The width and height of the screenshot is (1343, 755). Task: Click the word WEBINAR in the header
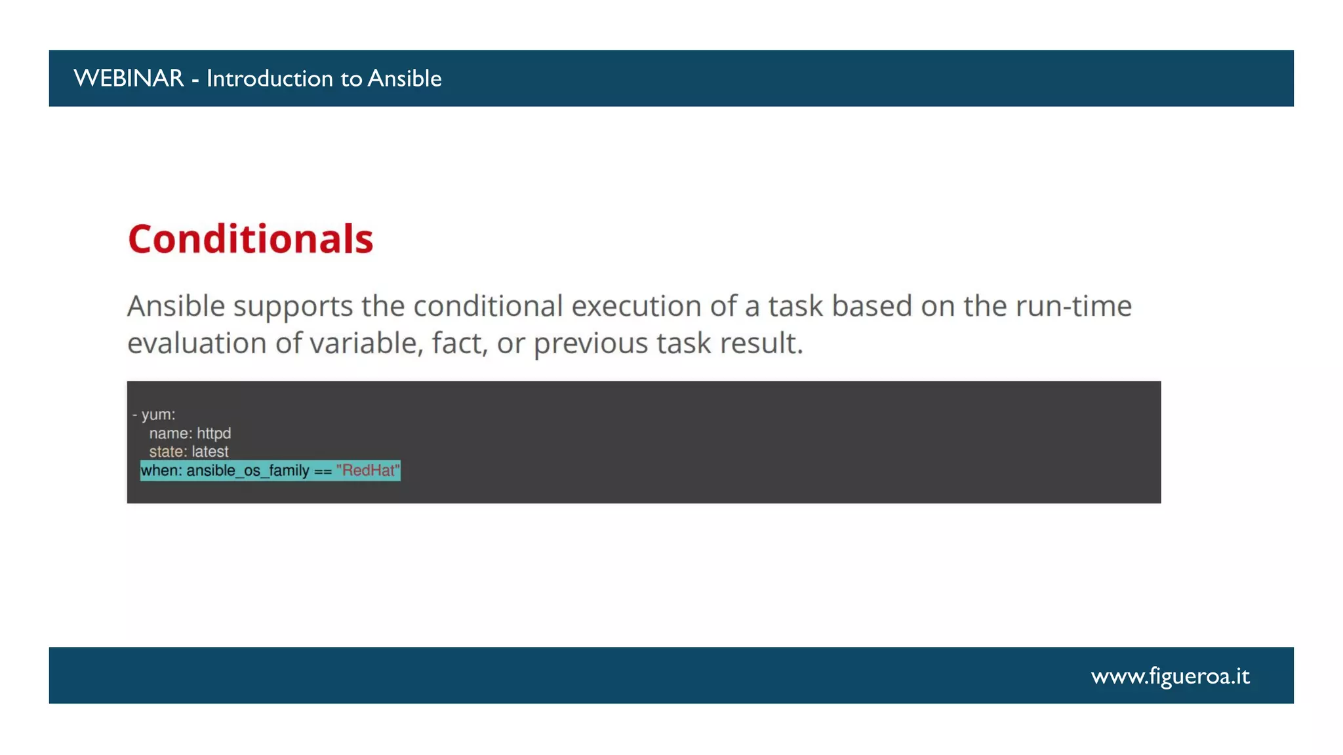coord(129,79)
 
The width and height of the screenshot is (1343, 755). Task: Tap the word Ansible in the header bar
coord(405,79)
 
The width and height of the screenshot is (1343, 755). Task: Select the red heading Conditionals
coord(251,239)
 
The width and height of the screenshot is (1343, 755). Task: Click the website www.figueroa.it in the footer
coord(1170,676)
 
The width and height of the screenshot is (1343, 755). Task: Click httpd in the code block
coord(214,433)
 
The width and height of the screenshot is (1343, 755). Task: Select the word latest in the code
coord(210,452)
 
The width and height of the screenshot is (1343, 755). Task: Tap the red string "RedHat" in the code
coord(368,471)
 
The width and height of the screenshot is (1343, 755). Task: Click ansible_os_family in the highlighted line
coord(248,471)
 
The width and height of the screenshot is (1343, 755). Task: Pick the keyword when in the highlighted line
coord(160,471)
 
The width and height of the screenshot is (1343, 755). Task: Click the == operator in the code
coord(323,471)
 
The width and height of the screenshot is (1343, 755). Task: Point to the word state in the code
coord(166,452)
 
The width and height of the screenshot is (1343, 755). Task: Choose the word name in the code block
coord(170,433)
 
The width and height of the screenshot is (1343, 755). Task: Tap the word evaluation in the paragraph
coord(197,343)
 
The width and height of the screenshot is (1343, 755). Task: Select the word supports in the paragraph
coord(293,307)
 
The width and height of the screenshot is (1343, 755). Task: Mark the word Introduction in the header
coord(270,79)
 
